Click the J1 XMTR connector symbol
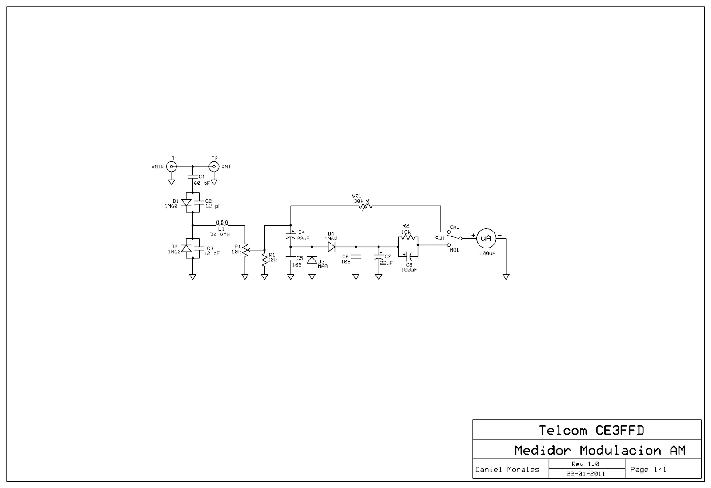(172, 167)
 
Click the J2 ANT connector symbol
(214, 167)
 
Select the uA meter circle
(486, 238)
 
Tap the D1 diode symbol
(187, 203)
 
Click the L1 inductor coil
(222, 223)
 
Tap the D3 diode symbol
(312, 260)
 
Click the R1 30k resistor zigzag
(264, 259)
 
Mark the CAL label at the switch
(454, 227)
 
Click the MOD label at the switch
(455, 250)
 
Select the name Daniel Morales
(507, 469)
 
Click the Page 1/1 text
(648, 469)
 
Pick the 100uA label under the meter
(487, 253)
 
